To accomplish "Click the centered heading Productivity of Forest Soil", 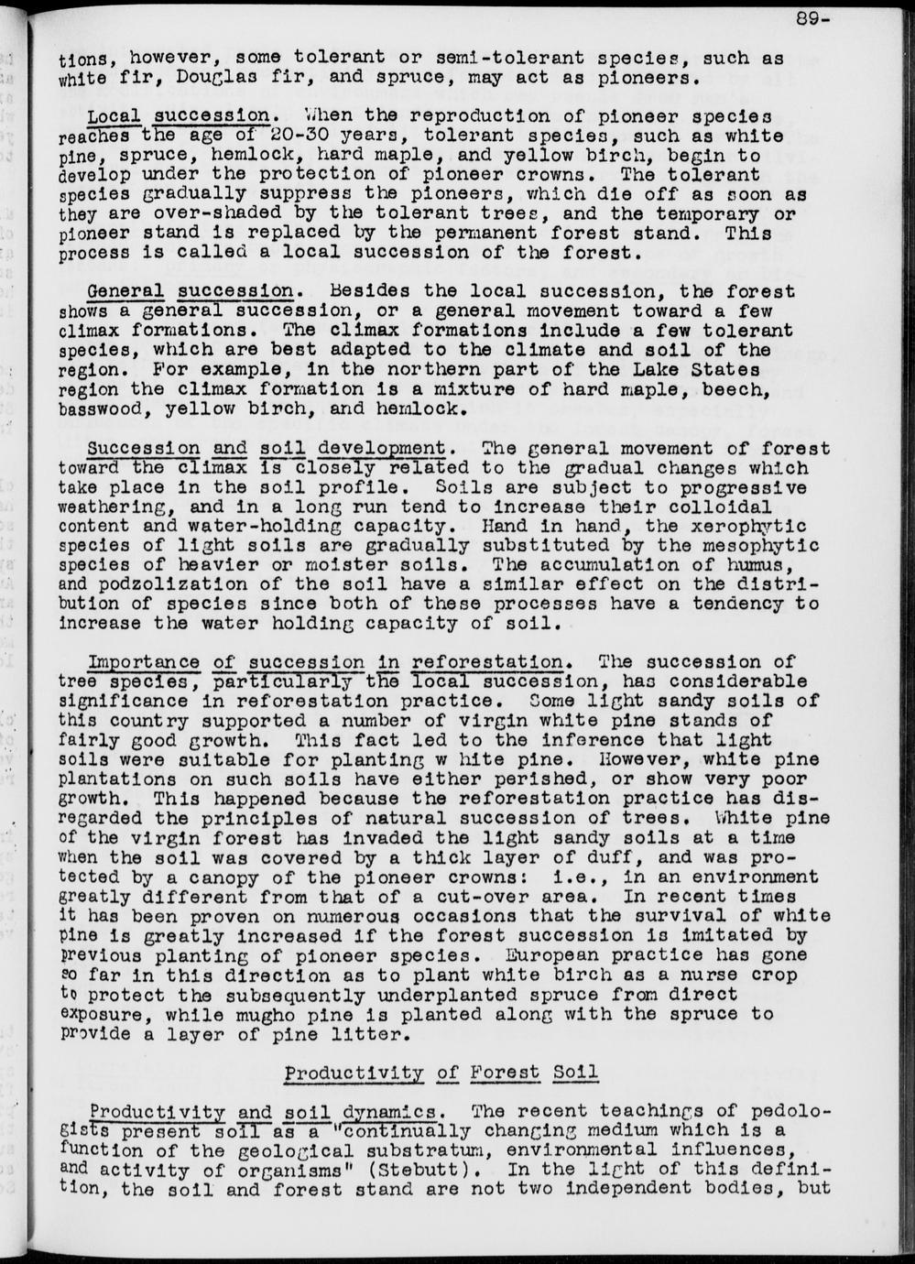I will [x=441, y=1073].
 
